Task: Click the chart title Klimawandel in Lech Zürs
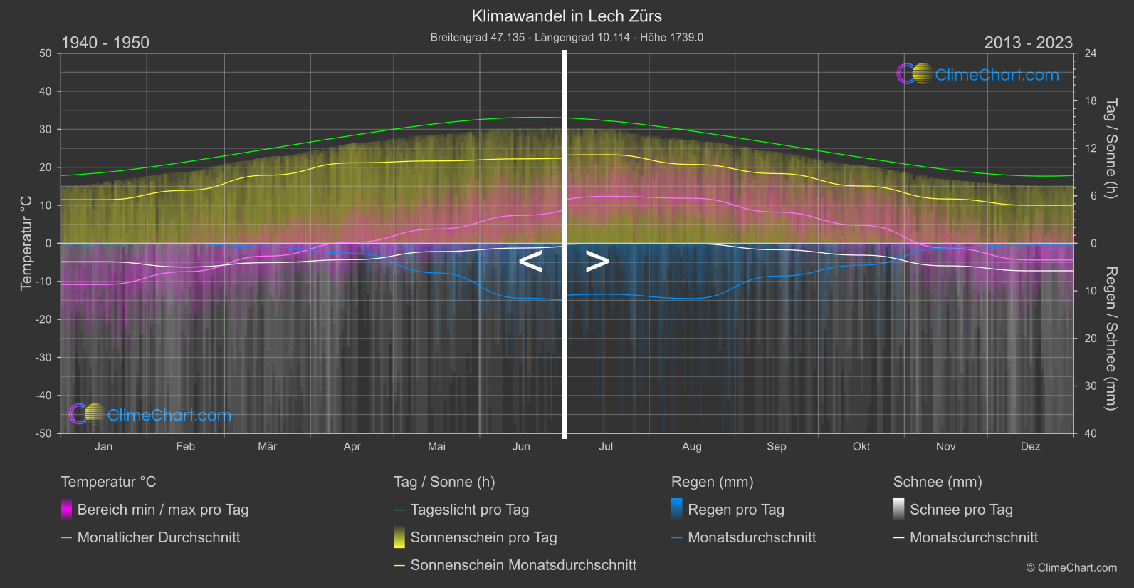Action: click(x=567, y=16)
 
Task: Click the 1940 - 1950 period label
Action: click(x=105, y=43)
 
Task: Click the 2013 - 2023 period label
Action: click(x=1028, y=43)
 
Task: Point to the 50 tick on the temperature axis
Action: click(x=46, y=53)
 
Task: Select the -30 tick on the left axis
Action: click(x=44, y=357)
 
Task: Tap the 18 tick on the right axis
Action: click(x=1091, y=101)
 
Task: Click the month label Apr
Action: click(x=352, y=447)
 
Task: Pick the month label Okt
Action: click(x=861, y=447)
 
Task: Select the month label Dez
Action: click(x=1030, y=447)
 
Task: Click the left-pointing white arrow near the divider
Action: click(x=530, y=262)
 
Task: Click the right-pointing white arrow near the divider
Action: click(x=597, y=262)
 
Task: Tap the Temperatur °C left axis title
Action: click(x=26, y=243)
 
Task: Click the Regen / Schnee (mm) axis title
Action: click(x=1111, y=339)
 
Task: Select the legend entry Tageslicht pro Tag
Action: click(x=469, y=510)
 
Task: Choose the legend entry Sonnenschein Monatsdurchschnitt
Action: click(x=523, y=565)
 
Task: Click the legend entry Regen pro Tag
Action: click(x=735, y=510)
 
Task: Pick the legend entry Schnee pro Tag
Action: click(x=960, y=510)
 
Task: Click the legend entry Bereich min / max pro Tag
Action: click(x=162, y=510)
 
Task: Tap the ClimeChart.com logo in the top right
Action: click(x=978, y=74)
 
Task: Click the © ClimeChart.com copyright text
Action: click(x=1071, y=568)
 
